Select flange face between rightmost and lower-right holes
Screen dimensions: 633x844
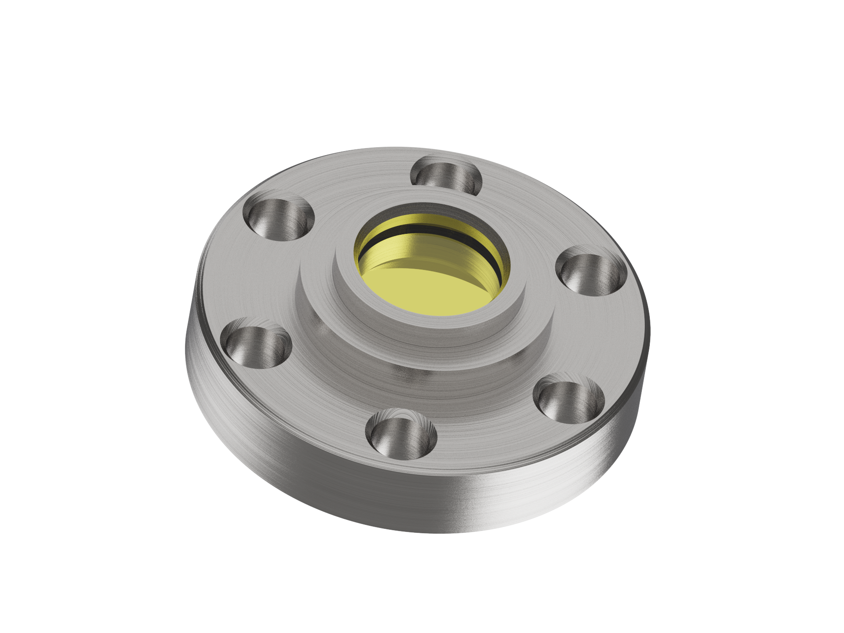602,338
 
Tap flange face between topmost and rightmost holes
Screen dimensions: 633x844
527,211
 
